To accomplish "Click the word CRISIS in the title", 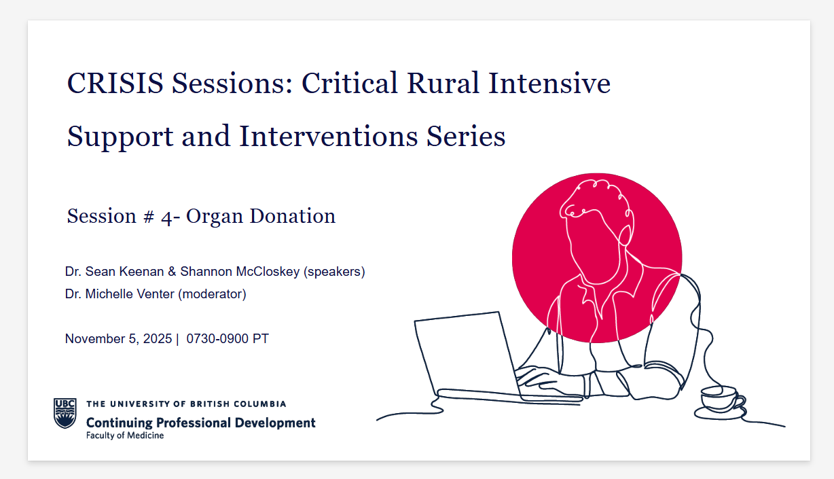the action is coord(115,83).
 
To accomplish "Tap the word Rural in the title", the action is coord(443,83).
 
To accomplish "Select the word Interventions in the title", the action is coord(329,136).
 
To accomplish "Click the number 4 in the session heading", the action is coord(166,217).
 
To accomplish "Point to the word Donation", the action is coord(292,215).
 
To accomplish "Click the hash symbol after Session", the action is coord(149,217).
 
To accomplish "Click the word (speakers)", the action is coord(334,272).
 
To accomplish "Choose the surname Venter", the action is coord(156,294).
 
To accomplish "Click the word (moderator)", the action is coord(212,294).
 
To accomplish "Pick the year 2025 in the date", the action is coord(158,338).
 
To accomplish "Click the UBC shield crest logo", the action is coord(65,413).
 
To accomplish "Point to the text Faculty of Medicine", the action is coord(125,436).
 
